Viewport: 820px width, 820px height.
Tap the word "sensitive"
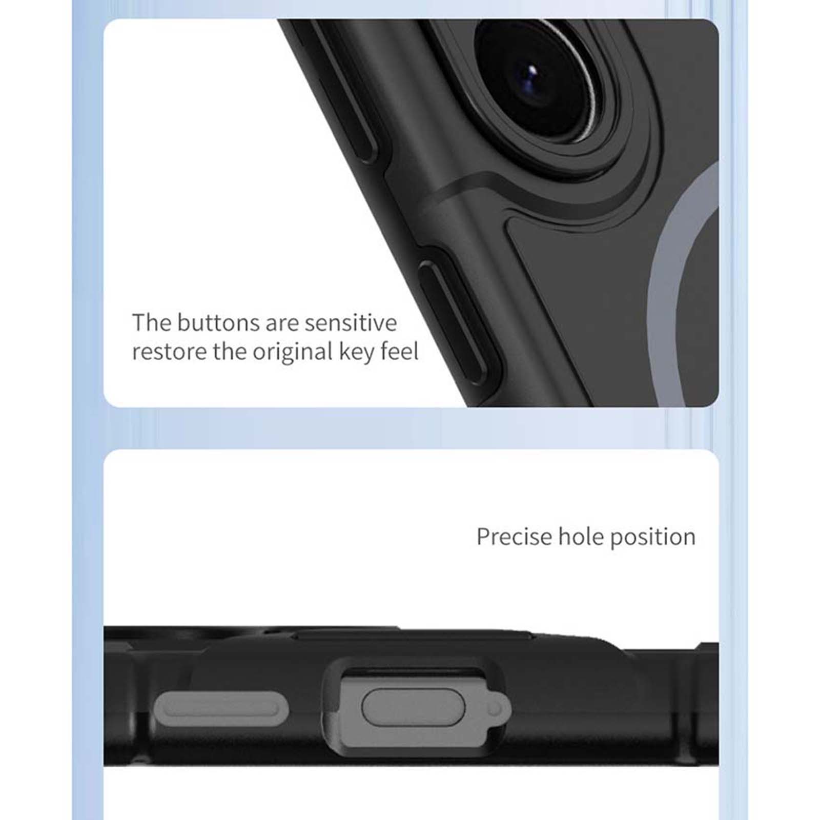[x=351, y=323]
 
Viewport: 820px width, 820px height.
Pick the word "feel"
[x=399, y=352]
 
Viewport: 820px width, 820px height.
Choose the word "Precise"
[x=514, y=537]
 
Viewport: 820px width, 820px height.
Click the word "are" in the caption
[x=282, y=323]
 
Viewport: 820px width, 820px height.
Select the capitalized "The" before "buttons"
[x=152, y=322]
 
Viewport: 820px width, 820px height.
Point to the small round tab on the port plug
[x=495, y=708]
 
